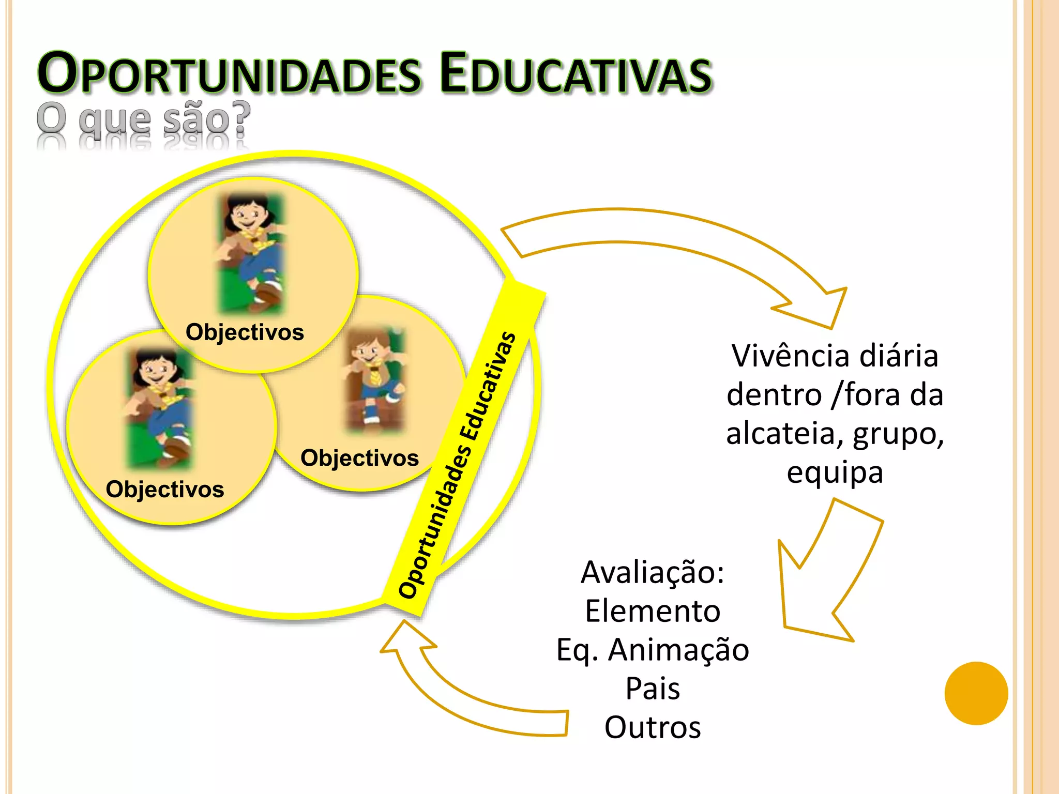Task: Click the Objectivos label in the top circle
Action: pyautogui.click(x=245, y=332)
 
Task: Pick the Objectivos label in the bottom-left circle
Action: pyautogui.click(x=165, y=489)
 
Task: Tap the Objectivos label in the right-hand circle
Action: pyautogui.click(x=359, y=458)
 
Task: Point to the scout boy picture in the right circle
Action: pyautogui.click(x=375, y=380)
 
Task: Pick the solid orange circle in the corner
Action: pyautogui.click(x=976, y=693)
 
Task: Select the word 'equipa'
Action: pyautogui.click(x=835, y=472)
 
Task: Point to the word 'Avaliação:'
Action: pyautogui.click(x=653, y=572)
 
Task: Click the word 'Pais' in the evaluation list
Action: pyautogui.click(x=653, y=689)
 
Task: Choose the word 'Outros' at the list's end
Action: pyautogui.click(x=653, y=727)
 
